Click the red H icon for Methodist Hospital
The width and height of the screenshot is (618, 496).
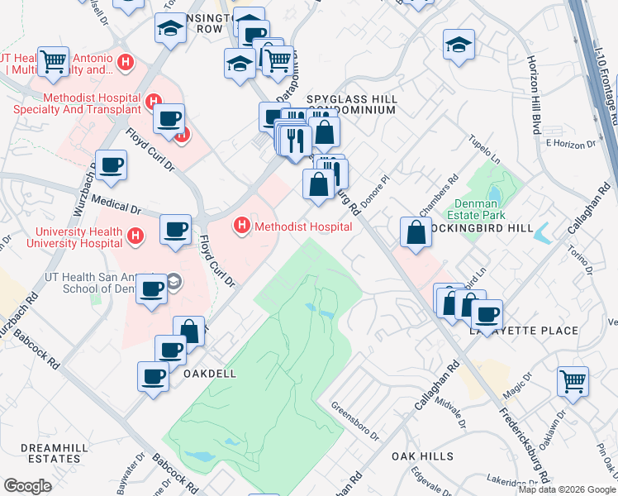click(242, 225)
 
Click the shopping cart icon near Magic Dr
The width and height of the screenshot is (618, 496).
click(573, 382)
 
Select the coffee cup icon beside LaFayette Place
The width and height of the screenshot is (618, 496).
click(487, 314)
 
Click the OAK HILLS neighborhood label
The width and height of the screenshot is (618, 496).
click(422, 456)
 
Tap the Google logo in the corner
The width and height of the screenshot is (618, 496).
click(28, 486)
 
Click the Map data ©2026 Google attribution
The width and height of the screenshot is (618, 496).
click(566, 489)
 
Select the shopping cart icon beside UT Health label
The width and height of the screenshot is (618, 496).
click(53, 60)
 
